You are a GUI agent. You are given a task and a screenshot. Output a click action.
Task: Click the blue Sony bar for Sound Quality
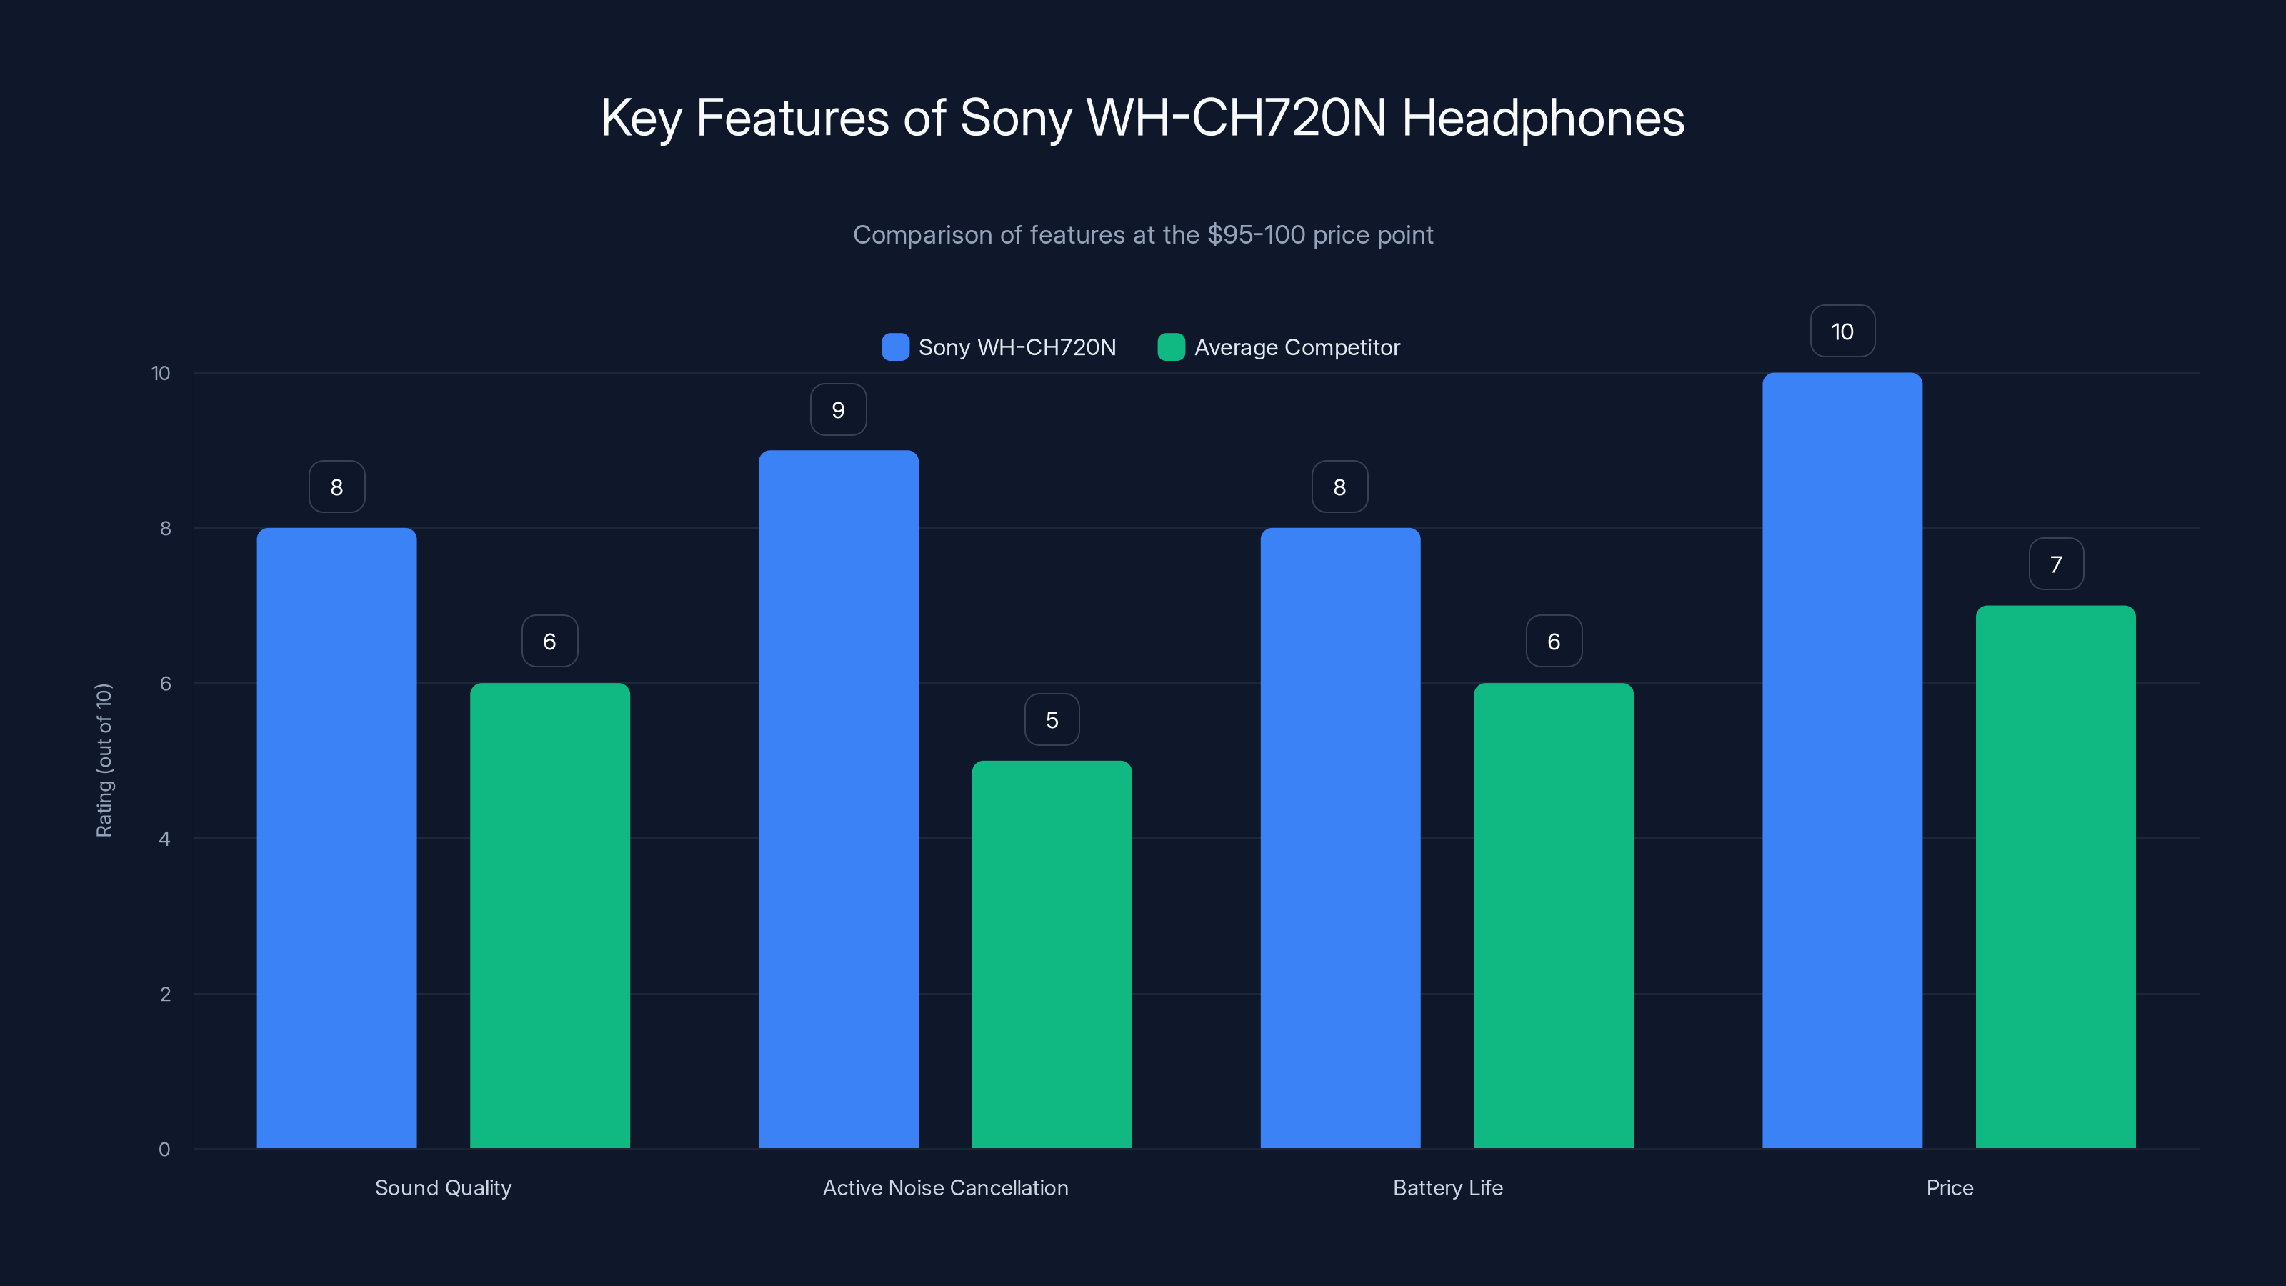tap(336, 838)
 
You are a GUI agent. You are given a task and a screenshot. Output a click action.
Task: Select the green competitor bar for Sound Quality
tap(549, 915)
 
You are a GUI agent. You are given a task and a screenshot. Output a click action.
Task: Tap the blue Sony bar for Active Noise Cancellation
tap(838, 799)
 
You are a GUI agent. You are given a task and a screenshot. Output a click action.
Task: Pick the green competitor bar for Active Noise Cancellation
tap(1052, 954)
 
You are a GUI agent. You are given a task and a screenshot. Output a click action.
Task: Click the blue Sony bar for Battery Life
tap(1340, 838)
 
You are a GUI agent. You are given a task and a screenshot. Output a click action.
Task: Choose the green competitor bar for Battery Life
tap(1553, 915)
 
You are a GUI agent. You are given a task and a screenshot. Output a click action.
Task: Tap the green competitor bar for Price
tap(2055, 877)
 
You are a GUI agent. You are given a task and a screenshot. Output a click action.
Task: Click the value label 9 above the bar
tap(838, 410)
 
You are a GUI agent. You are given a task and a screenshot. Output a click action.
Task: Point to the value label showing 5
tap(1052, 719)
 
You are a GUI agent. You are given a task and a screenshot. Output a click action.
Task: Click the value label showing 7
tap(2056, 564)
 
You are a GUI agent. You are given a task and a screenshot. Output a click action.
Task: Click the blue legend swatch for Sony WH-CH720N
tap(895, 347)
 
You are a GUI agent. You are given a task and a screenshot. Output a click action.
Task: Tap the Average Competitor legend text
tap(1297, 347)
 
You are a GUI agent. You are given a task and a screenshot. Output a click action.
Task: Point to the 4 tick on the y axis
tap(165, 839)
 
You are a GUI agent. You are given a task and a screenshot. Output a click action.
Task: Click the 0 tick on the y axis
tap(165, 1150)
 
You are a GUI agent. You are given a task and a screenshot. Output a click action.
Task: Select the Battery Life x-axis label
tap(1447, 1187)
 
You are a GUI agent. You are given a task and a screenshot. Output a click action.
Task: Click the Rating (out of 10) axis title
tap(104, 759)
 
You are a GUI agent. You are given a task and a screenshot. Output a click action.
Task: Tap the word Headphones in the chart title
tap(1542, 118)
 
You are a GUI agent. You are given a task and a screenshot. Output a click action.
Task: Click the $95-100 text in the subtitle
tap(1256, 235)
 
